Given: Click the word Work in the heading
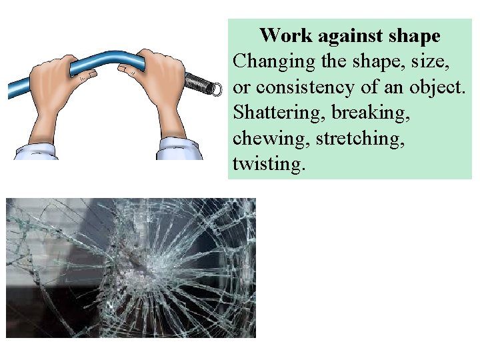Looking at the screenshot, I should tap(281, 35).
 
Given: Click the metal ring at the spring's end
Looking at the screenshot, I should tap(215, 89).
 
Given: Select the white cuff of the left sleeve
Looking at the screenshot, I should tap(36, 152).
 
